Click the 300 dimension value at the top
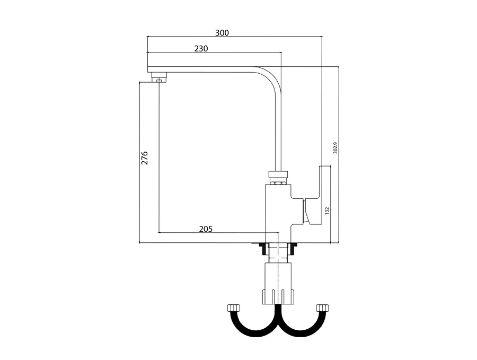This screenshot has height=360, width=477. (x=222, y=32)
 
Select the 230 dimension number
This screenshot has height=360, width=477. (x=201, y=48)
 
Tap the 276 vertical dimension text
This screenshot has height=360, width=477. (x=144, y=158)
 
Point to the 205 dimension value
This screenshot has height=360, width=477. (x=206, y=229)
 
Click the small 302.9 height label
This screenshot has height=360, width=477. (x=335, y=147)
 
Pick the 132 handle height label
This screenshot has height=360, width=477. (x=327, y=211)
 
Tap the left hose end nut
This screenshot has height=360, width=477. (x=233, y=308)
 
